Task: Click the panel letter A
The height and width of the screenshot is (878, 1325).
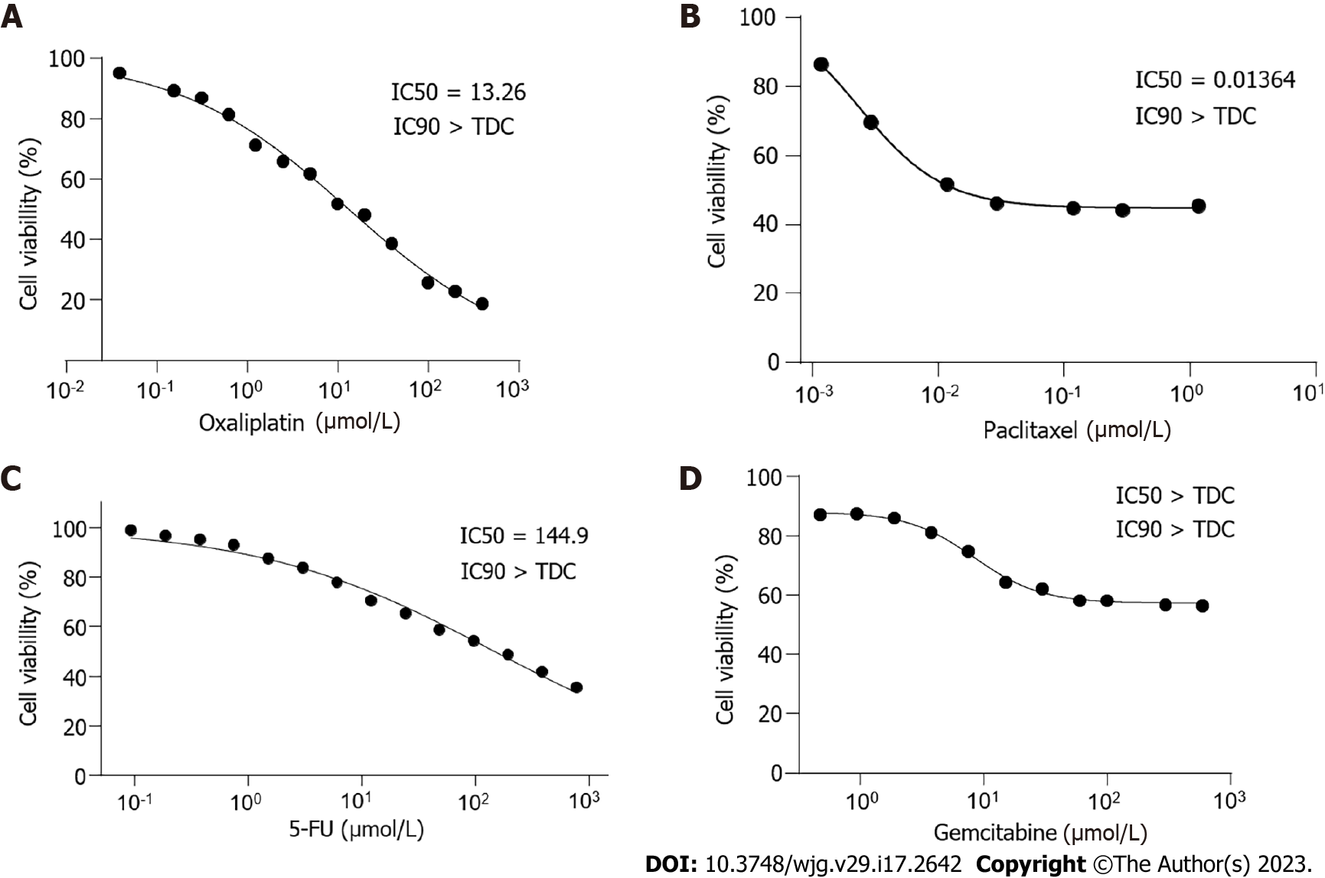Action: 11,16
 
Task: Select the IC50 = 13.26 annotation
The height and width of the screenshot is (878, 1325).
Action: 459,93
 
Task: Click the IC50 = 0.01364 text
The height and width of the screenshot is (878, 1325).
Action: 1215,80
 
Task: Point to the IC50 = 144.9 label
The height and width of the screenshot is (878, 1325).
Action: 524,536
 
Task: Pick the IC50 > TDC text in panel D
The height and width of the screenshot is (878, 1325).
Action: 1175,496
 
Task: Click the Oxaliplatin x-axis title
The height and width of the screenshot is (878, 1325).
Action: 299,422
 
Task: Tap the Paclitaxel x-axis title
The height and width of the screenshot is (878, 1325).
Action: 1077,429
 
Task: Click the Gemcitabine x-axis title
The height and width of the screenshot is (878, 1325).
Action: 1039,832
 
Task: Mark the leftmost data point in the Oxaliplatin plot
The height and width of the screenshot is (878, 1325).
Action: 119,73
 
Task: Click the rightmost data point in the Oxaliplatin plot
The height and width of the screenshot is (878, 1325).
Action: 481,304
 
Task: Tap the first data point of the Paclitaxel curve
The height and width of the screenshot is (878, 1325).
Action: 821,64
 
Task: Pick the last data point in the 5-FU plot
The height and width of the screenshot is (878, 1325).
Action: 576,687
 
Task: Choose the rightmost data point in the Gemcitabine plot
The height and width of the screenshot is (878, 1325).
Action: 1202,605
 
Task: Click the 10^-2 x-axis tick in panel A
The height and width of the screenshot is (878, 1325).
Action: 66,390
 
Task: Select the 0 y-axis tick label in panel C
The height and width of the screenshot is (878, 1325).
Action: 80,776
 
